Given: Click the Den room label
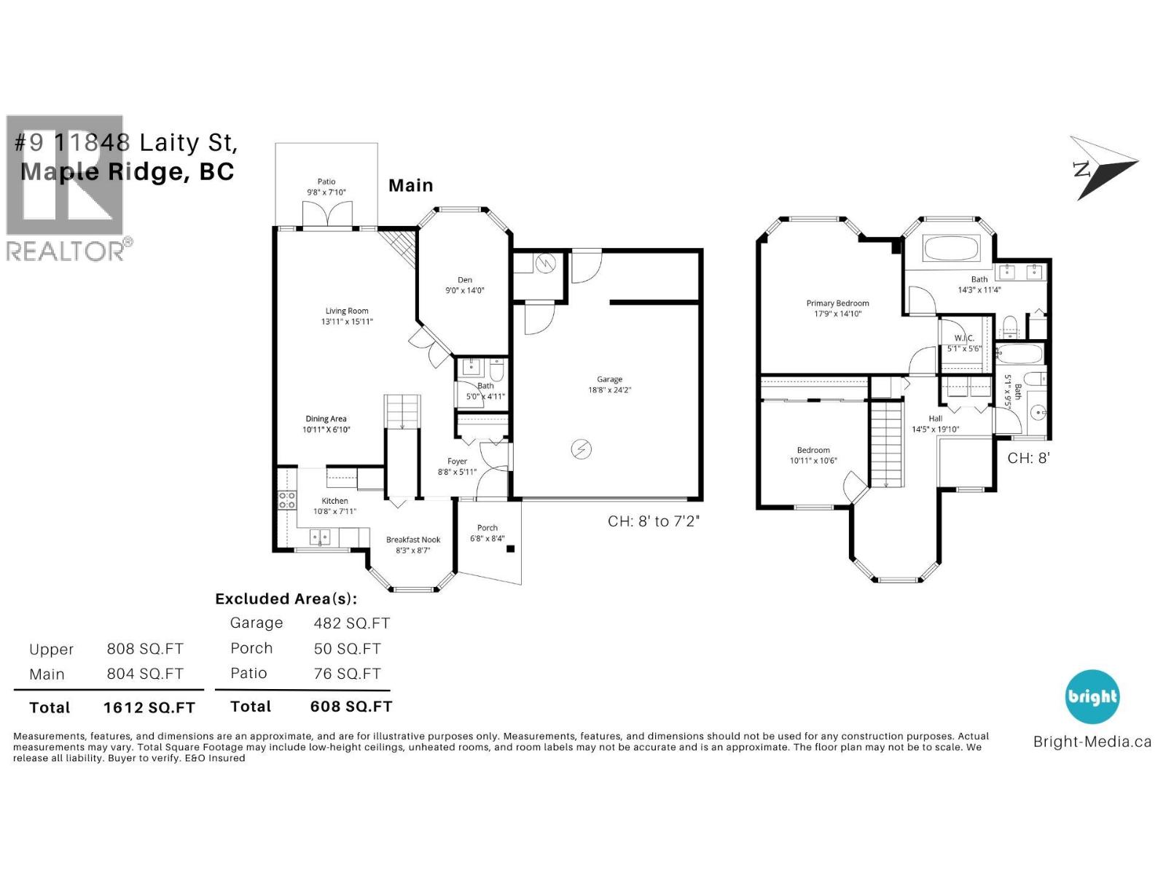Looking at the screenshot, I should click(465, 280).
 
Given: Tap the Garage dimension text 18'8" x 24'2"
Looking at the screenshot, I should click(609, 390).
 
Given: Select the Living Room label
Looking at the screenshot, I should click(347, 311).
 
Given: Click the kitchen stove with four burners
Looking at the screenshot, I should click(287, 500).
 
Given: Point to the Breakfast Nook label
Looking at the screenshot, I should click(413, 540).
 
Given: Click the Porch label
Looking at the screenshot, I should click(488, 528).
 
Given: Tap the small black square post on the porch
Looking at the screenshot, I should click(511, 549).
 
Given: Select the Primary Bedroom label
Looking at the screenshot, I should click(837, 303).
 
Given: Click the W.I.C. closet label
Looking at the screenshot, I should click(964, 338).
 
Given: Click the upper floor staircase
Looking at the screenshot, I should click(887, 446).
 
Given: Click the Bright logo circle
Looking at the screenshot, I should click(1092, 696).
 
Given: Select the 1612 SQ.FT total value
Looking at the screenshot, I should click(149, 707).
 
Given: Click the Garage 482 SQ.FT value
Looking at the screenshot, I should click(352, 623).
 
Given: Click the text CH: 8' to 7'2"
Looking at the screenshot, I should click(654, 521).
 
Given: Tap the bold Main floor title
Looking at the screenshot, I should click(411, 186).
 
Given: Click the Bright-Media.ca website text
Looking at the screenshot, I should click(1092, 742).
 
